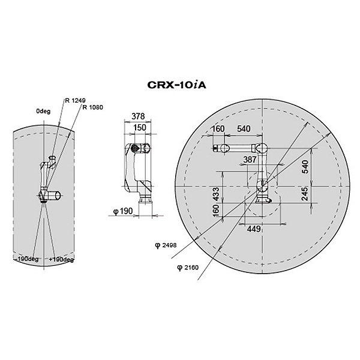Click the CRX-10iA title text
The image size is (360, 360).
tap(176, 85)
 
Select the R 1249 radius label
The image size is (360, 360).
tap(76, 100)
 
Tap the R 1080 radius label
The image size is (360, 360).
tap(93, 107)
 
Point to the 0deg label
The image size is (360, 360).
tap(43, 111)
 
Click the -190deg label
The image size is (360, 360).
tap(28, 259)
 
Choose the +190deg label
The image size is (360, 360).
tap(61, 260)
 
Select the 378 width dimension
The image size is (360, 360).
tap(138, 116)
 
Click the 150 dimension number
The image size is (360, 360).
tap(140, 127)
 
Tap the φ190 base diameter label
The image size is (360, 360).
tap(123, 211)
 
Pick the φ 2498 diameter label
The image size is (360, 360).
tap(166, 245)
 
